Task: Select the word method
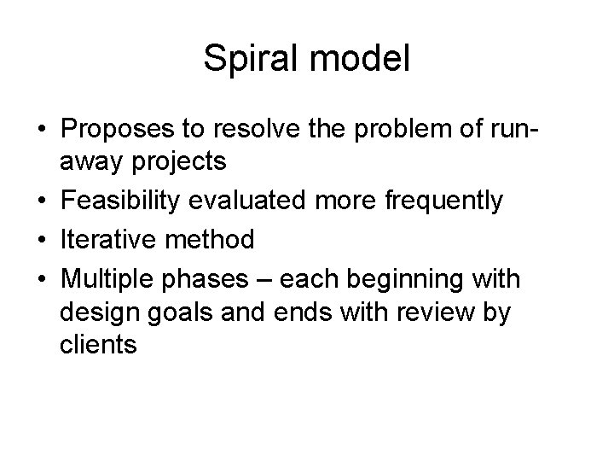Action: [211, 240]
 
